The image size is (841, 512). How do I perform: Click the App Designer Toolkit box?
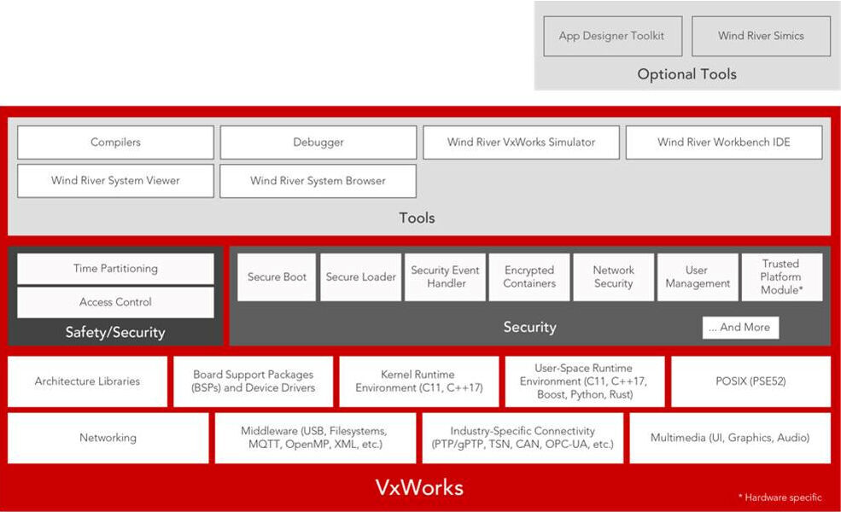[611, 37]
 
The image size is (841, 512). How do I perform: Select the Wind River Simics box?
[761, 37]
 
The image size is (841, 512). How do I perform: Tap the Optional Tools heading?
[686, 74]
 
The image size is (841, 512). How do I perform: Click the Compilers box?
[115, 143]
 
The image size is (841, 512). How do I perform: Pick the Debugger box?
[318, 143]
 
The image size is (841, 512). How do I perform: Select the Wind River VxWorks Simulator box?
[521, 143]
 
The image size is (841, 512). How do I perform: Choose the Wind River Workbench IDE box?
[723, 143]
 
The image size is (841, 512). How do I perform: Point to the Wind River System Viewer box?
[115, 181]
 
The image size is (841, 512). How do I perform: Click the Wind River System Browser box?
[318, 181]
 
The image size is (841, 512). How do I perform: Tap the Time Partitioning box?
[115, 269]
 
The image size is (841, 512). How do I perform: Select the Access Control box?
[115, 302]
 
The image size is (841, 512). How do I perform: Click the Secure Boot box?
[277, 277]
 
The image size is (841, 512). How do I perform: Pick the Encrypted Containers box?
[529, 277]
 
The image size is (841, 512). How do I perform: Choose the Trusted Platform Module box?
[781, 277]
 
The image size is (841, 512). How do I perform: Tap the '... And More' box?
[739, 328]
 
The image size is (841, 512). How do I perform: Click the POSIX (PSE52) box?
[750, 381]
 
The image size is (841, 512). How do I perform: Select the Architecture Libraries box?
[87, 381]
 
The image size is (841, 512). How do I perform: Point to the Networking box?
[108, 438]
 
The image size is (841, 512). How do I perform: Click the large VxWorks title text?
[419, 488]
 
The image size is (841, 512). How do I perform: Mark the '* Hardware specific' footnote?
[780, 497]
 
